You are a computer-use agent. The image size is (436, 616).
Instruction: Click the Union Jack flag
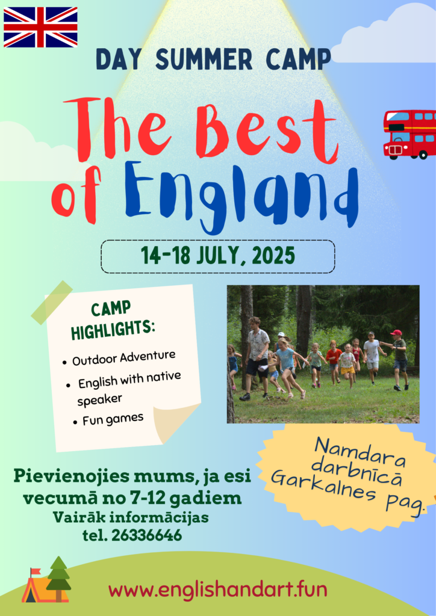click(x=40, y=27)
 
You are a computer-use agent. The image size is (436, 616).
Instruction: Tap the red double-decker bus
click(x=410, y=134)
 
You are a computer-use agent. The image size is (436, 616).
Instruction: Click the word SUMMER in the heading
click(x=204, y=60)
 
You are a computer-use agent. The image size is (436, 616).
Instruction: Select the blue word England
click(x=241, y=195)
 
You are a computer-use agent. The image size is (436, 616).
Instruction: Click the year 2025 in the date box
click(x=273, y=256)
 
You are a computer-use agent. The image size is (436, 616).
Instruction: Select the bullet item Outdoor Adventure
click(x=123, y=357)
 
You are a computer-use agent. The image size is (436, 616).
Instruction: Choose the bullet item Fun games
click(x=113, y=419)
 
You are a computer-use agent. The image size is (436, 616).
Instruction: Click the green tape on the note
click(x=52, y=303)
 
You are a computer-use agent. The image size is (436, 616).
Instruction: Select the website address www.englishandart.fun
click(x=218, y=590)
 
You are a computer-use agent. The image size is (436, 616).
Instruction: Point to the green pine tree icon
click(x=58, y=579)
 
